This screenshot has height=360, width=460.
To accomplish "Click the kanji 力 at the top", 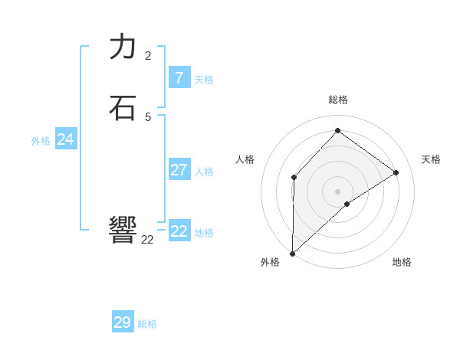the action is coord(123,47).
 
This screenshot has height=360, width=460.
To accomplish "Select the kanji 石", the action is coord(123,107).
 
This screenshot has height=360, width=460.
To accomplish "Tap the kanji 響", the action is coord(123,230).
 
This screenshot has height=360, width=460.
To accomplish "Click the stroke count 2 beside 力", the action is coord(148,55).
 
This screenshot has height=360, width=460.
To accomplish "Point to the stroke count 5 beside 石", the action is coord(148,116).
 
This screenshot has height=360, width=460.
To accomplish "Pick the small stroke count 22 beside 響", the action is coord(147,240).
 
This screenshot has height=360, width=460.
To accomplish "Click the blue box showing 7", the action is coord(179,77).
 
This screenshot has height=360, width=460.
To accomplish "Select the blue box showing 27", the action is coord(179,169).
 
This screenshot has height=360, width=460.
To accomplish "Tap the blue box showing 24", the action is coord(65,139).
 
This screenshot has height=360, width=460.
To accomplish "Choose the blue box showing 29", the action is coord(123,322).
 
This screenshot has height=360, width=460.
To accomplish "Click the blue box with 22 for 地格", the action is coord(179,231).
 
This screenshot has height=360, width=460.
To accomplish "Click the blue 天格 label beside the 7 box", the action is coord(204,80).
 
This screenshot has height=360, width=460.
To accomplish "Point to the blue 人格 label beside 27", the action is coord(204,172).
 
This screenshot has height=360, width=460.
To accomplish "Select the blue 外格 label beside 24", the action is coord(41,141).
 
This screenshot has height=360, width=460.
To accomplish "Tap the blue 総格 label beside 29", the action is coord(147,324).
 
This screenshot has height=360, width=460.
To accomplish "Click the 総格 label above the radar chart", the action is coord(338,100).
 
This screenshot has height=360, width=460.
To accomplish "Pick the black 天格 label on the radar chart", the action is coord(431,159).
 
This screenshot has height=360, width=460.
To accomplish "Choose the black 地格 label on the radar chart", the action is coord(402,262).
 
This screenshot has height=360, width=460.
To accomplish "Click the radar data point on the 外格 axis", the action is coord(292,253).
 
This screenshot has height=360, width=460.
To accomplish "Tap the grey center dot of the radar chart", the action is coord(338,191).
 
